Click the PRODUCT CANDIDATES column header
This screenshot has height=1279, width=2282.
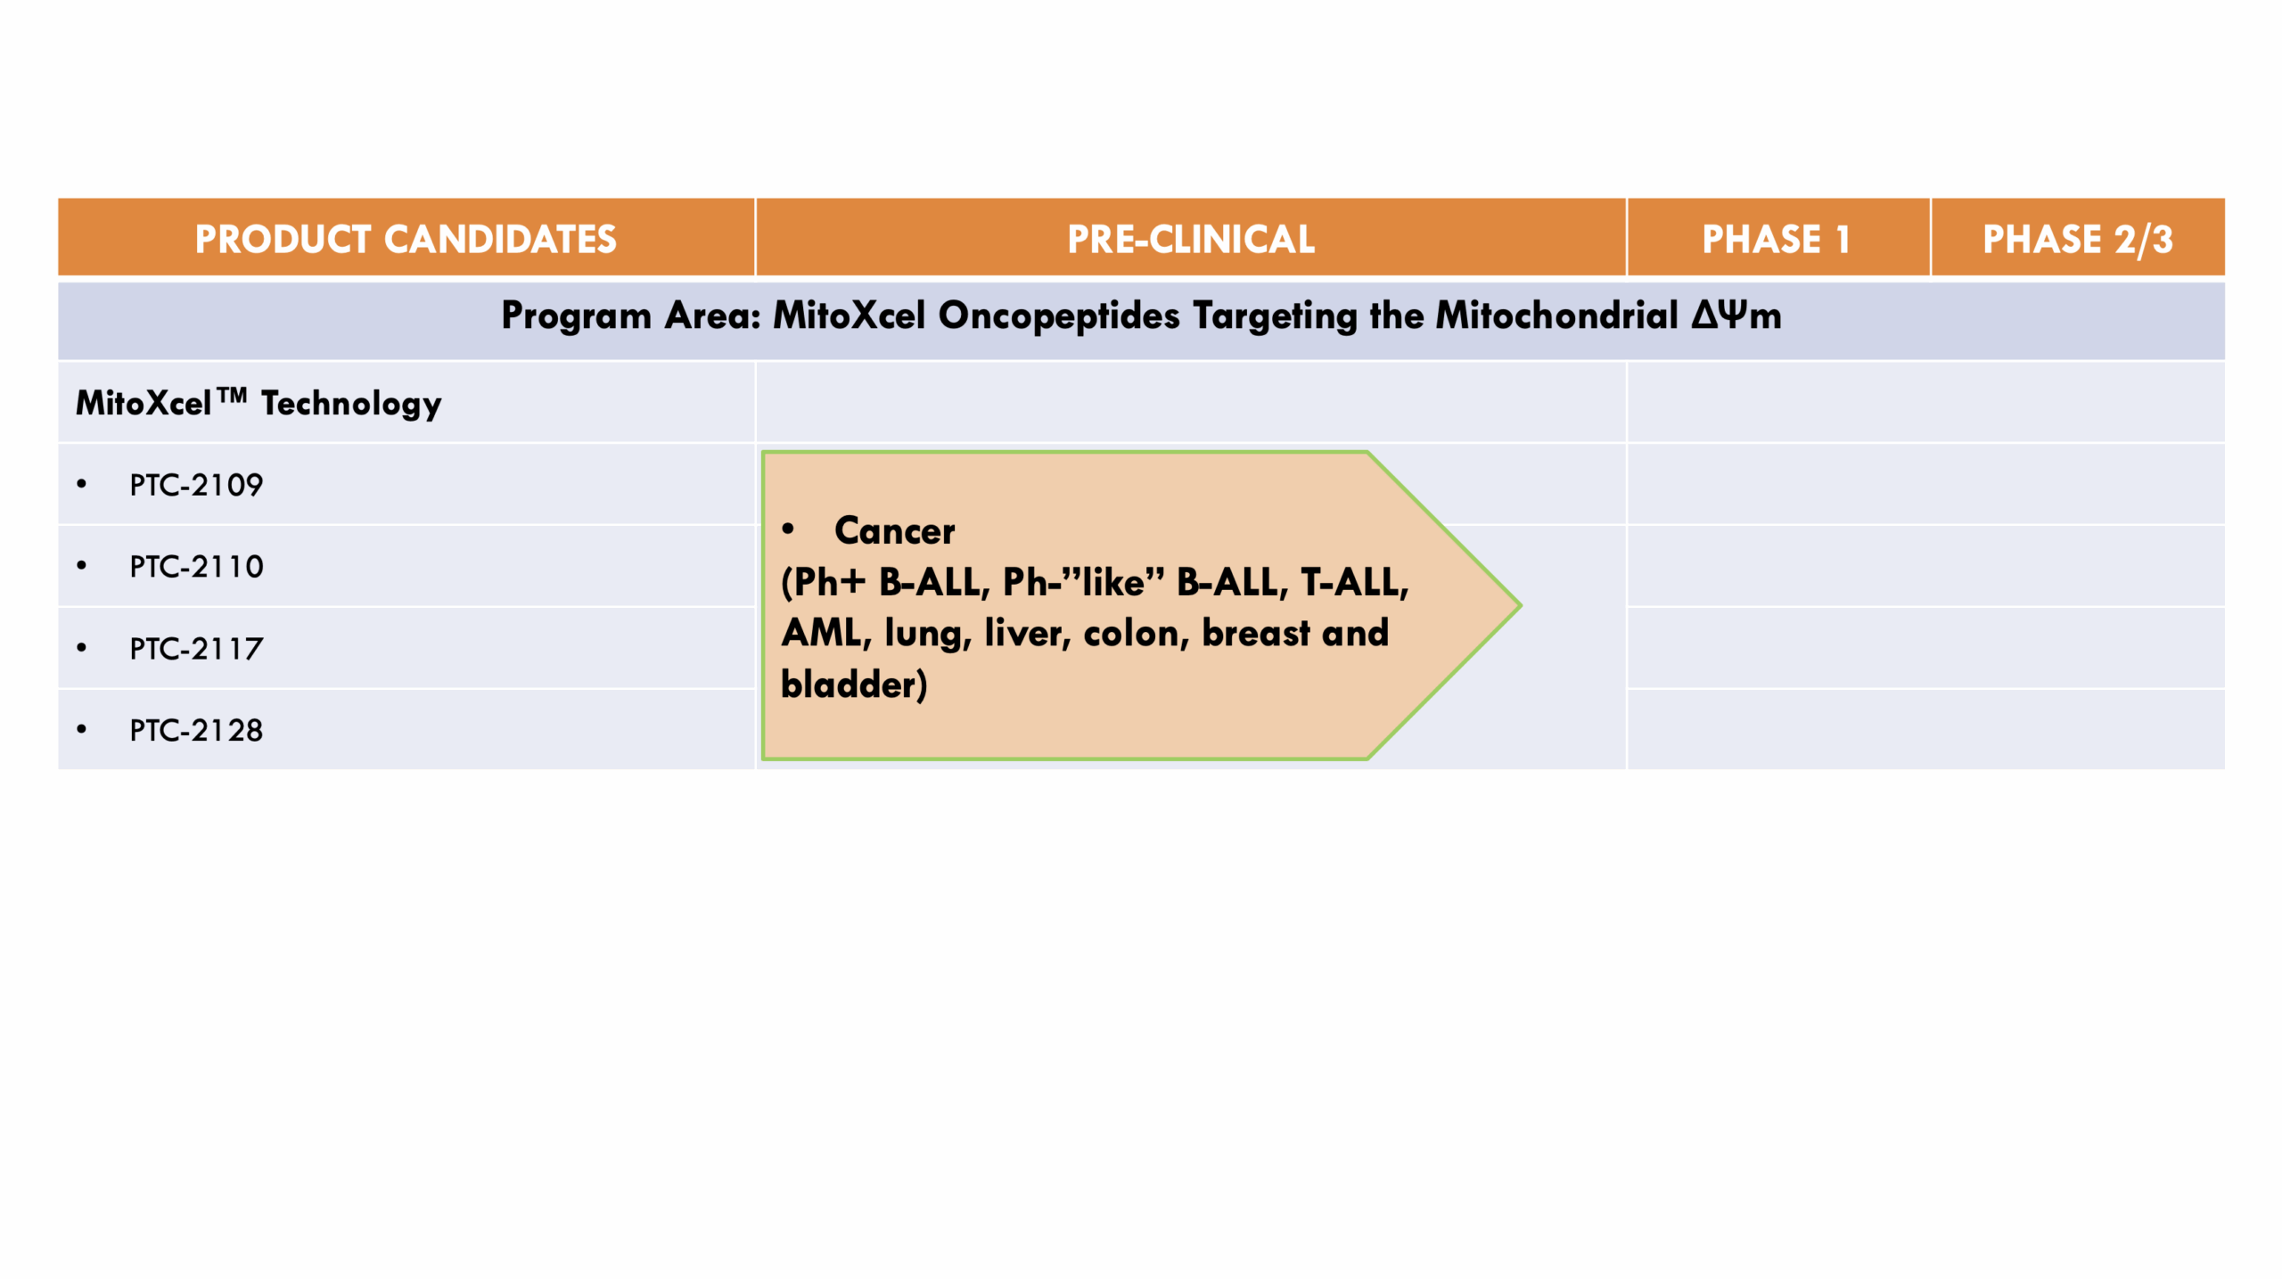pos(406,239)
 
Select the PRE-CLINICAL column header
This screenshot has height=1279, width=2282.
pos(1191,239)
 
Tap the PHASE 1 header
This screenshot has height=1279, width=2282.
pos(1777,239)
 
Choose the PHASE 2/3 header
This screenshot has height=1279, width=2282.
pos(2078,239)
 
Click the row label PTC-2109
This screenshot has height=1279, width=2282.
pos(196,485)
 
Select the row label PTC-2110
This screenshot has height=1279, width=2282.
pos(196,567)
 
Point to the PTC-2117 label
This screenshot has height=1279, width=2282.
pos(196,649)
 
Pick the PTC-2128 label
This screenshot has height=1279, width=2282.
pos(196,731)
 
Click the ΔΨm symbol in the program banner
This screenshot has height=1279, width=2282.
pos(1736,316)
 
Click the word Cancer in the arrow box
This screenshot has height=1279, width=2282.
pos(894,531)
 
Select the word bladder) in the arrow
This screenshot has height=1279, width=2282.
pos(854,685)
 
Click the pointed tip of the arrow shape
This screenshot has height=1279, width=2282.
pos(1520,606)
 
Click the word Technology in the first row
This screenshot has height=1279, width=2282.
pos(351,405)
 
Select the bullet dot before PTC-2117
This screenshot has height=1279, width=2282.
pos(82,648)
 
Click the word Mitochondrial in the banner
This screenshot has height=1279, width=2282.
pos(1557,316)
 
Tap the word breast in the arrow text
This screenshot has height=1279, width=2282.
pos(1256,633)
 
